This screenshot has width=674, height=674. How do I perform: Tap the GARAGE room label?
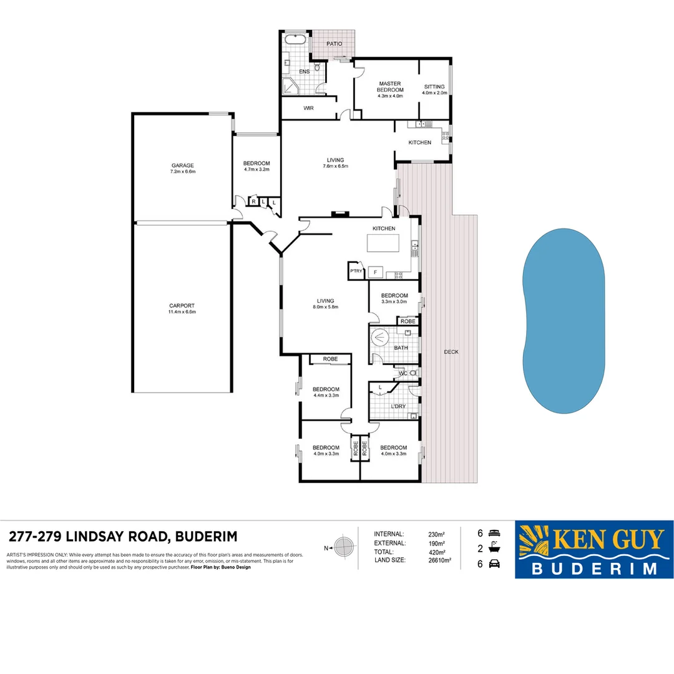tap(183, 165)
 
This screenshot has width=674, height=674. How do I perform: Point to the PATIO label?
tap(335, 44)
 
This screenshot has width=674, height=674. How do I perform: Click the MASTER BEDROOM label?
tap(390, 86)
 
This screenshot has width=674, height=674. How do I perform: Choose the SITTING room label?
tap(434, 87)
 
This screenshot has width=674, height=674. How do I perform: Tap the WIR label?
tap(308, 108)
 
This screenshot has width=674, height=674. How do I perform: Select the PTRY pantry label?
tap(356, 271)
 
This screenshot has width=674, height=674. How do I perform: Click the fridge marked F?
tap(374, 271)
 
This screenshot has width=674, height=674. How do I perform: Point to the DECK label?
tap(451, 352)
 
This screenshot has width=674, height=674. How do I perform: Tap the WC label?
tap(403, 374)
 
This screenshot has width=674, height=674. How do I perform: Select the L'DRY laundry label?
tap(398, 406)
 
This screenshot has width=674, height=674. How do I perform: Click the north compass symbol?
tap(342, 547)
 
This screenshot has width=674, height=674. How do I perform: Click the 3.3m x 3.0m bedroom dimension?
tap(394, 302)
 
